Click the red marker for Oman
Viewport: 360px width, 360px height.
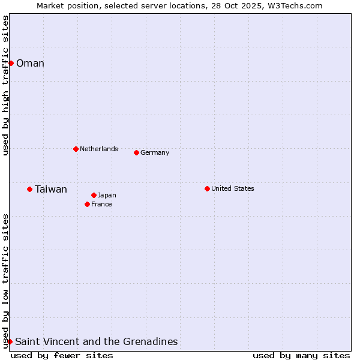tap(11, 63)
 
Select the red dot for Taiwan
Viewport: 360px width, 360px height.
tap(29, 189)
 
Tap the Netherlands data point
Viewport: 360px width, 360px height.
tap(76, 149)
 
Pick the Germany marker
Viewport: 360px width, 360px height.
tap(136, 152)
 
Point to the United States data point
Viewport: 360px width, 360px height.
tap(207, 188)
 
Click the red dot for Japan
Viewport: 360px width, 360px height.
tap(94, 195)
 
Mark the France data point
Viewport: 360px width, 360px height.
tap(87, 204)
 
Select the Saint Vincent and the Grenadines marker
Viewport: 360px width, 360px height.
tap(10, 341)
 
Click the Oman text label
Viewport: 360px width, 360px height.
tap(30, 64)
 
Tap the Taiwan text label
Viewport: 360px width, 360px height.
tap(51, 190)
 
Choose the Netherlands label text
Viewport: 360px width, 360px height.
tap(99, 149)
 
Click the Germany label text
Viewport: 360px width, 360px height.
tap(155, 152)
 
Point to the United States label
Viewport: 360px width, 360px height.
tap(233, 188)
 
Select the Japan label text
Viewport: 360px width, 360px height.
tap(107, 195)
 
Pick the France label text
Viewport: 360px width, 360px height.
tap(101, 204)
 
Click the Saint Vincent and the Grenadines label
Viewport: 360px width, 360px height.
tap(96, 342)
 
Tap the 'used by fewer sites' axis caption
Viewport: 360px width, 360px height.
tap(62, 355)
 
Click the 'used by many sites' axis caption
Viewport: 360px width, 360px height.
tap(301, 355)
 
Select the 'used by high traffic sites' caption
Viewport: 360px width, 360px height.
tap(5, 85)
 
